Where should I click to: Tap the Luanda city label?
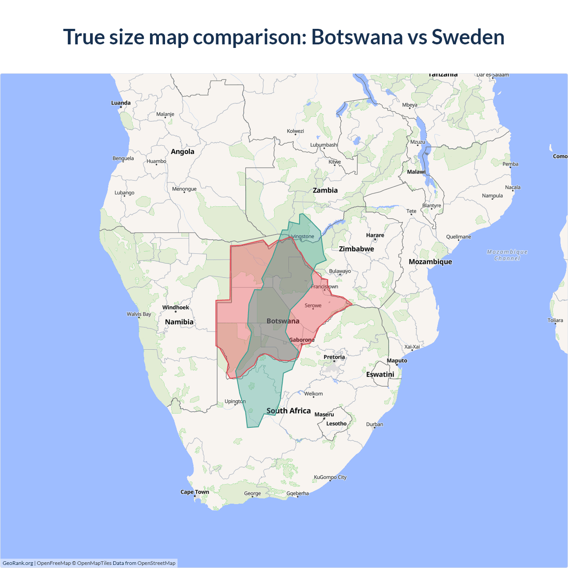(121, 103)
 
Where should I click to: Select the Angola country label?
(182, 152)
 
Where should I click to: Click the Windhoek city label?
(175, 308)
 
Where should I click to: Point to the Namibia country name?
(179, 322)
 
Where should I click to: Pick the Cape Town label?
(194, 492)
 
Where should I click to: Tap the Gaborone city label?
(302, 340)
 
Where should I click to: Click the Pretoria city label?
(334, 357)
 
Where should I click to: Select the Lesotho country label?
(336, 423)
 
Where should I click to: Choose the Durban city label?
(375, 424)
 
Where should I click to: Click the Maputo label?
(397, 361)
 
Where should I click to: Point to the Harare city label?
(375, 235)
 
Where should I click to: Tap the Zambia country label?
(325, 190)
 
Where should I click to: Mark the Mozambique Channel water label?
(507, 255)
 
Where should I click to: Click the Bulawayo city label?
(340, 271)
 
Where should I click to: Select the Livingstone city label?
(301, 237)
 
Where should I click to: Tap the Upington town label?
(235, 401)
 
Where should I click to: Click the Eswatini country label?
(380, 375)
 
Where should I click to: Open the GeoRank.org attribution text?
(18, 563)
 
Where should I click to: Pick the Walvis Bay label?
(139, 314)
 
